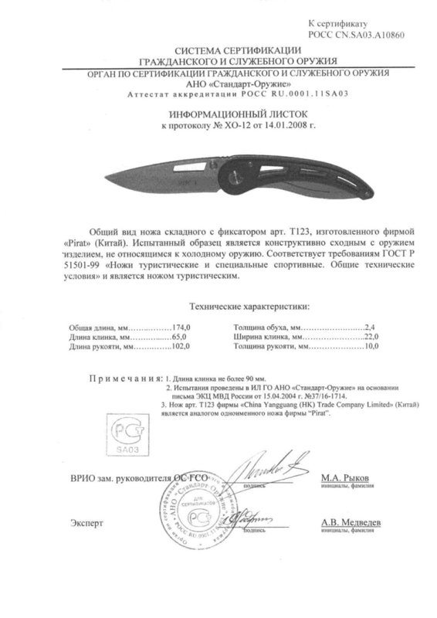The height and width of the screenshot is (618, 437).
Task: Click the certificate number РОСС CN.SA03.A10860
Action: [357, 36]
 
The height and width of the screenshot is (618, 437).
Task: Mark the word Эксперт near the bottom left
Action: [84, 523]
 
